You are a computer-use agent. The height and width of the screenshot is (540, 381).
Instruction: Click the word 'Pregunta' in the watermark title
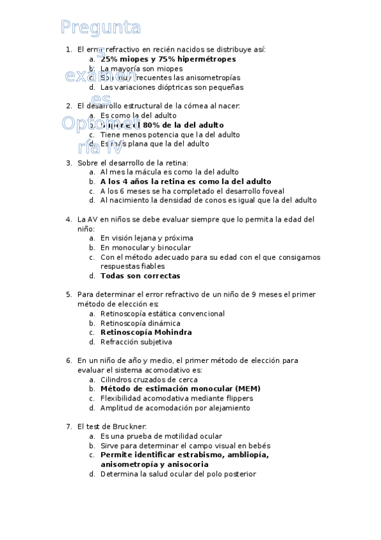pyautogui.click(x=100, y=27)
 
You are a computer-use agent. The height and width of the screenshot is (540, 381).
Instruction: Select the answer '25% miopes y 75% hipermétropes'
pyautogui.click(x=168, y=59)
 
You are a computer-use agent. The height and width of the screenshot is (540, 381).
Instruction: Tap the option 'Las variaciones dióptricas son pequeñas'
pyautogui.click(x=172, y=87)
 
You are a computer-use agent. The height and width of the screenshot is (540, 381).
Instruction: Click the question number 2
pyautogui.click(x=69, y=106)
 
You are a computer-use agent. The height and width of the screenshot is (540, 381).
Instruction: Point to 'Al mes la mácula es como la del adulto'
pyautogui.click(x=169, y=172)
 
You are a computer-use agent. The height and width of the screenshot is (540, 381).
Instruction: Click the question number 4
pyautogui.click(x=69, y=219)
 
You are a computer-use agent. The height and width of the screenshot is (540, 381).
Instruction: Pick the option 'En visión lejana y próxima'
pyautogui.click(x=146, y=238)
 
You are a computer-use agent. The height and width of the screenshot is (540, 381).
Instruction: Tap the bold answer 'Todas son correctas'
pyautogui.click(x=140, y=276)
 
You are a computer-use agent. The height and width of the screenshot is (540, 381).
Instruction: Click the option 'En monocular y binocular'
pyautogui.click(x=146, y=248)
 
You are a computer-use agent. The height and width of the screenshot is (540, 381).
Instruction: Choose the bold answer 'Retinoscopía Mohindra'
pyautogui.click(x=146, y=332)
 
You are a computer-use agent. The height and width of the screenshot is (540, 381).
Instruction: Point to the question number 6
pyautogui.click(x=69, y=360)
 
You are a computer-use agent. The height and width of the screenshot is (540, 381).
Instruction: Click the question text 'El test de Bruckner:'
pyautogui.click(x=112, y=427)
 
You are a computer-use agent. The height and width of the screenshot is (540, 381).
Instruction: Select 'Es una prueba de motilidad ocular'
pyautogui.click(x=161, y=436)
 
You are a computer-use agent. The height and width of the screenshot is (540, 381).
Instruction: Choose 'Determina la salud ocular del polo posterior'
pyautogui.click(x=178, y=474)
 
